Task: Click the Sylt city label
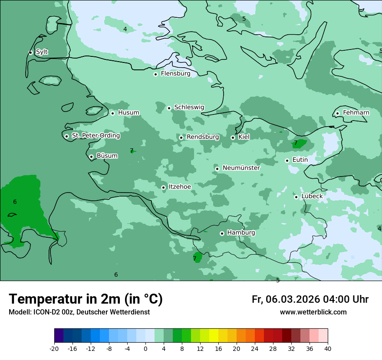pos(42,52)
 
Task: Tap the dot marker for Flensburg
pos(155,74)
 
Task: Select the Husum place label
pos(128,113)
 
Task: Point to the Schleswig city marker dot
pos(169,108)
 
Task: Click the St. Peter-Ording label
pos(95,136)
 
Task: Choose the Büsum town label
pos(107,156)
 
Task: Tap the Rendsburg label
pos(203,137)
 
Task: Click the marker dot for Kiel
pos(233,137)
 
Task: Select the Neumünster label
pos(241,168)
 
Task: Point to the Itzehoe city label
pos(179,187)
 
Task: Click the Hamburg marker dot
pos(222,233)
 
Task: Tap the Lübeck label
pos(312,196)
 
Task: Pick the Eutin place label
pos(300,160)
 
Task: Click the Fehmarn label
pos(356,113)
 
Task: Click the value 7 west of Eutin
pos(296,143)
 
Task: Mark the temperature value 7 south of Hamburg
pos(194,259)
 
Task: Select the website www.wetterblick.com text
pos(313,312)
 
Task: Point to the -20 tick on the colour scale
pos(54,348)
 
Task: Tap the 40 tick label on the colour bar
pos(328,348)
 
